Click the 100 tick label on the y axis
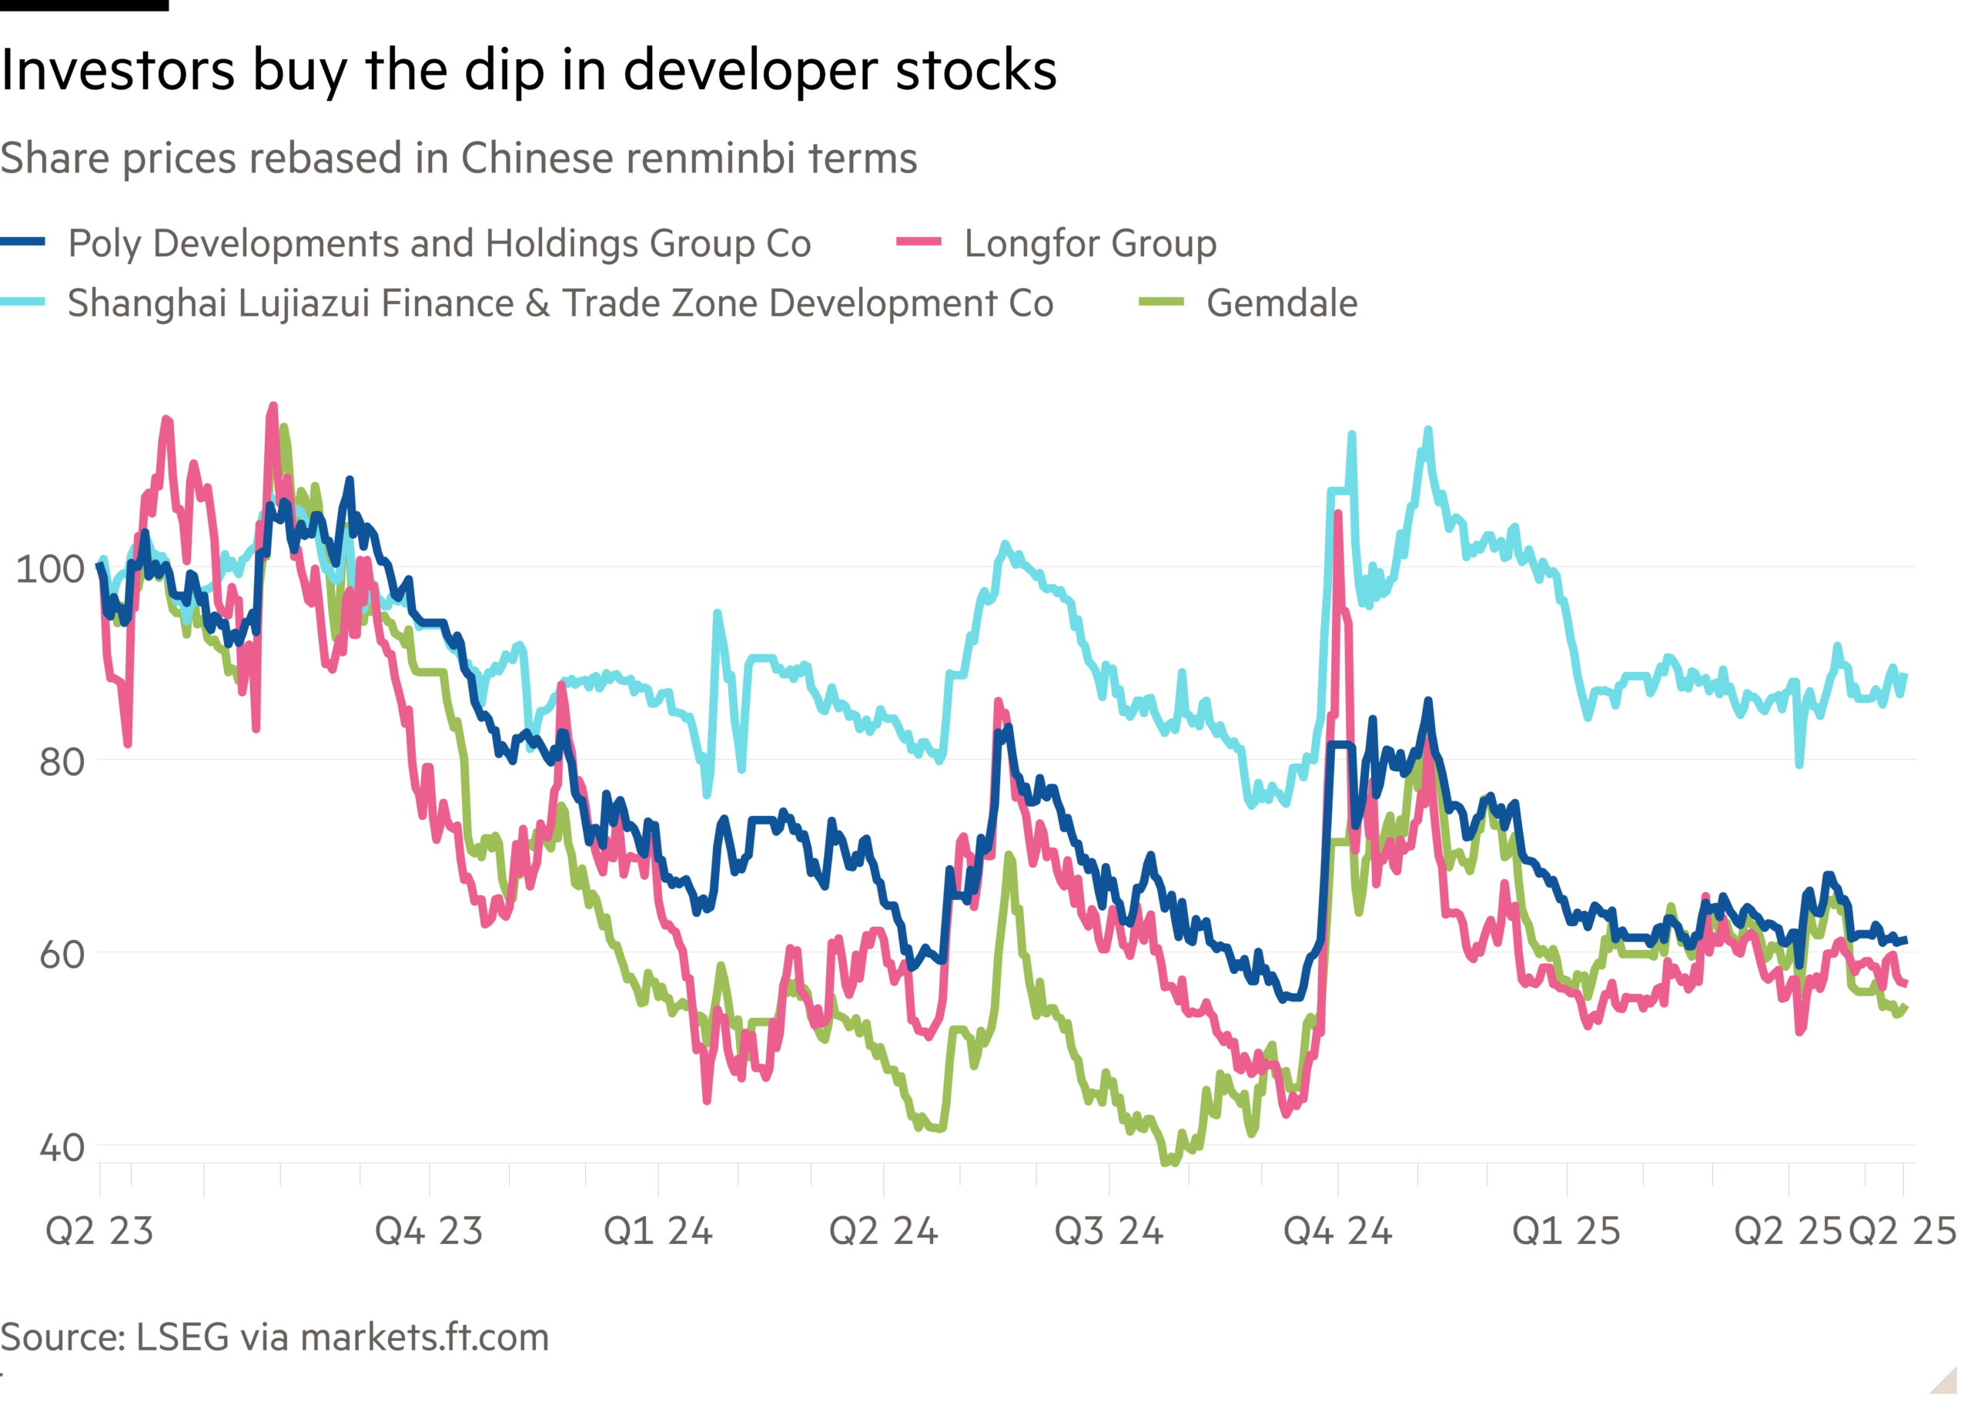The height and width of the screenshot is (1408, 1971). coord(50,570)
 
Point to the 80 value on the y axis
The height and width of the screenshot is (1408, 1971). coord(61,762)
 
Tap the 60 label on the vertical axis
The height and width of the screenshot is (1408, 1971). coord(61,955)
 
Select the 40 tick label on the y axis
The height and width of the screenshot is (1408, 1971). coord(61,1148)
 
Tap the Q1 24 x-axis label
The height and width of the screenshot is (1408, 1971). coord(658,1231)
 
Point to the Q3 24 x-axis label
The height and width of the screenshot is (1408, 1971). coord(1108,1231)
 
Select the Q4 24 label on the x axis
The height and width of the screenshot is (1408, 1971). coord(1337,1231)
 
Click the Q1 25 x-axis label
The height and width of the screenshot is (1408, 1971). coord(1566,1231)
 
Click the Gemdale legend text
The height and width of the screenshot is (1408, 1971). coord(1282,303)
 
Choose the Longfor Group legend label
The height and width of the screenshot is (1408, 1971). coord(1090,243)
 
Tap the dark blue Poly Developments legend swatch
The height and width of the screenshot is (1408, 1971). coord(23,242)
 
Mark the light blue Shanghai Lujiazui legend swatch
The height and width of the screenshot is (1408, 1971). coord(23,303)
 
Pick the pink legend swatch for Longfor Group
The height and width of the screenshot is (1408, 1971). coord(919,242)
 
